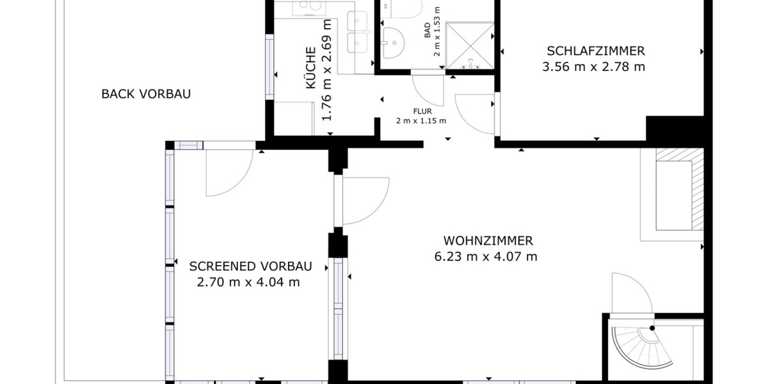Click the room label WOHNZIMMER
pos(488,241)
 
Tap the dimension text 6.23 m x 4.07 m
pos(488,257)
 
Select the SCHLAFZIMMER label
pos(595,51)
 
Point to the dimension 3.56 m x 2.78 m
pos(593,67)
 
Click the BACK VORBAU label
pos(146,94)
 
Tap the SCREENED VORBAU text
pos(250,266)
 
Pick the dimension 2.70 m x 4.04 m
pos(249,282)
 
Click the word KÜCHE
pos(310,68)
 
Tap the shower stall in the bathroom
pos(470,45)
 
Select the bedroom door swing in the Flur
pos(475,114)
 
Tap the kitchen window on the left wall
pos(269,68)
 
